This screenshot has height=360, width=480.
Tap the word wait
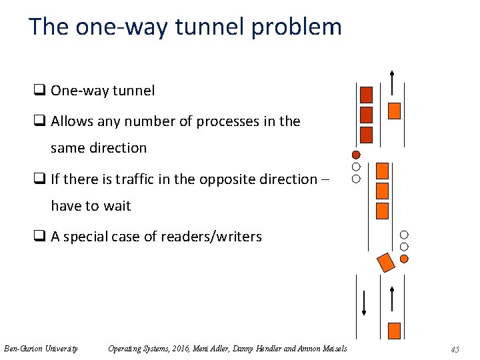point(117,205)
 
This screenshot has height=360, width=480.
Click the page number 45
point(455,349)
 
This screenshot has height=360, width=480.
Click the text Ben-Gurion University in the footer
point(41,348)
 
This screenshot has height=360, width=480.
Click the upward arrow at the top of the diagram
point(393,83)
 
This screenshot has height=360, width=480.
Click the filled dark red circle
point(356,155)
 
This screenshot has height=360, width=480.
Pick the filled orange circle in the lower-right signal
point(404,257)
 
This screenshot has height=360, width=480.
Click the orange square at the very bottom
point(393,330)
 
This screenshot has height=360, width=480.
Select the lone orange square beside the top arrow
point(394,111)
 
